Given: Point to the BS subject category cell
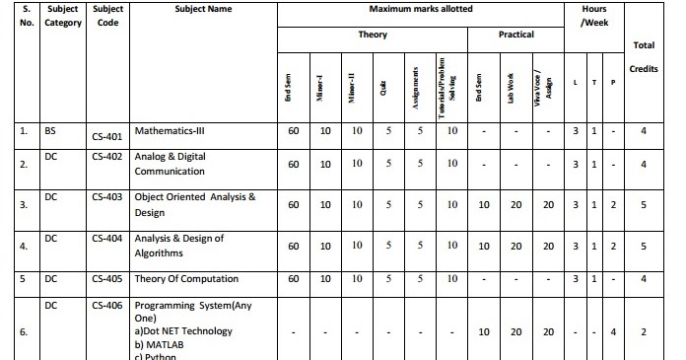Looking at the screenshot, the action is click(x=50, y=129).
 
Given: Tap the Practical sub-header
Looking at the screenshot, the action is click(x=514, y=35).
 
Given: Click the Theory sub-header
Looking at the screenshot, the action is click(x=373, y=35).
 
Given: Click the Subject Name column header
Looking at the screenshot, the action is click(x=203, y=9).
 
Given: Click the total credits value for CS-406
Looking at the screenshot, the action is click(x=643, y=332).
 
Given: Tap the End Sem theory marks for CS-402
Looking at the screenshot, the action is click(x=294, y=164).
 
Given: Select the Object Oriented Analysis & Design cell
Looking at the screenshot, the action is click(x=194, y=204).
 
